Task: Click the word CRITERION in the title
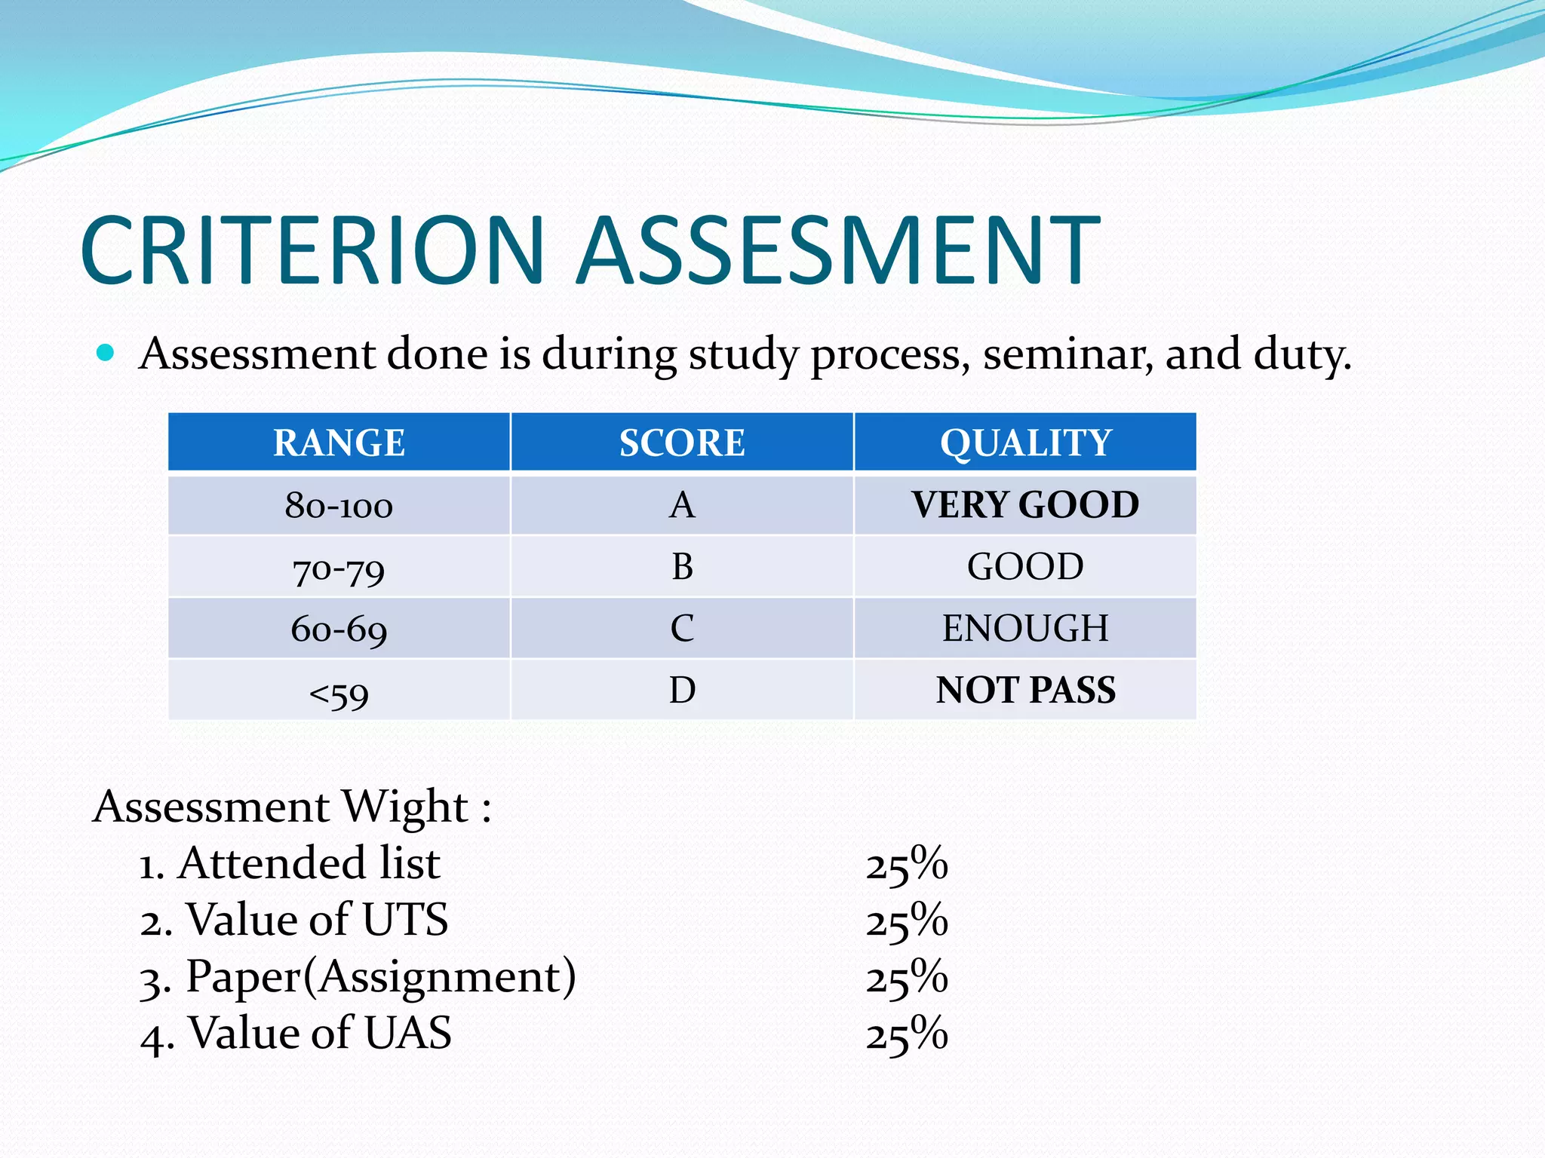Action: [x=312, y=250]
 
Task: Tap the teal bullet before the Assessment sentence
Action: [x=106, y=353]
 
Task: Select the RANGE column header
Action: [x=339, y=443]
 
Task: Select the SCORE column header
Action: [x=682, y=443]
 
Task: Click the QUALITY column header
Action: [x=1025, y=443]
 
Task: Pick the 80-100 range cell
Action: [x=339, y=505]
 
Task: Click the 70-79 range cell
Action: [x=339, y=568]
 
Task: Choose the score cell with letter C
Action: [x=682, y=629]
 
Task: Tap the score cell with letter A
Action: [x=682, y=505]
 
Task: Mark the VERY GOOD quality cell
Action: [x=1025, y=505]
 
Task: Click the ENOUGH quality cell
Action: [x=1025, y=629]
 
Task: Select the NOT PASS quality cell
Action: [x=1025, y=691]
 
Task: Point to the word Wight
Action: [x=405, y=807]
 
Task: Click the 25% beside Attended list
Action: [x=906, y=864]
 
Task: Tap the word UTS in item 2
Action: [x=405, y=920]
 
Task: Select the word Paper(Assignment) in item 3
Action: [x=381, y=977]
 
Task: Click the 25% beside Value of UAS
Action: [x=906, y=1034]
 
